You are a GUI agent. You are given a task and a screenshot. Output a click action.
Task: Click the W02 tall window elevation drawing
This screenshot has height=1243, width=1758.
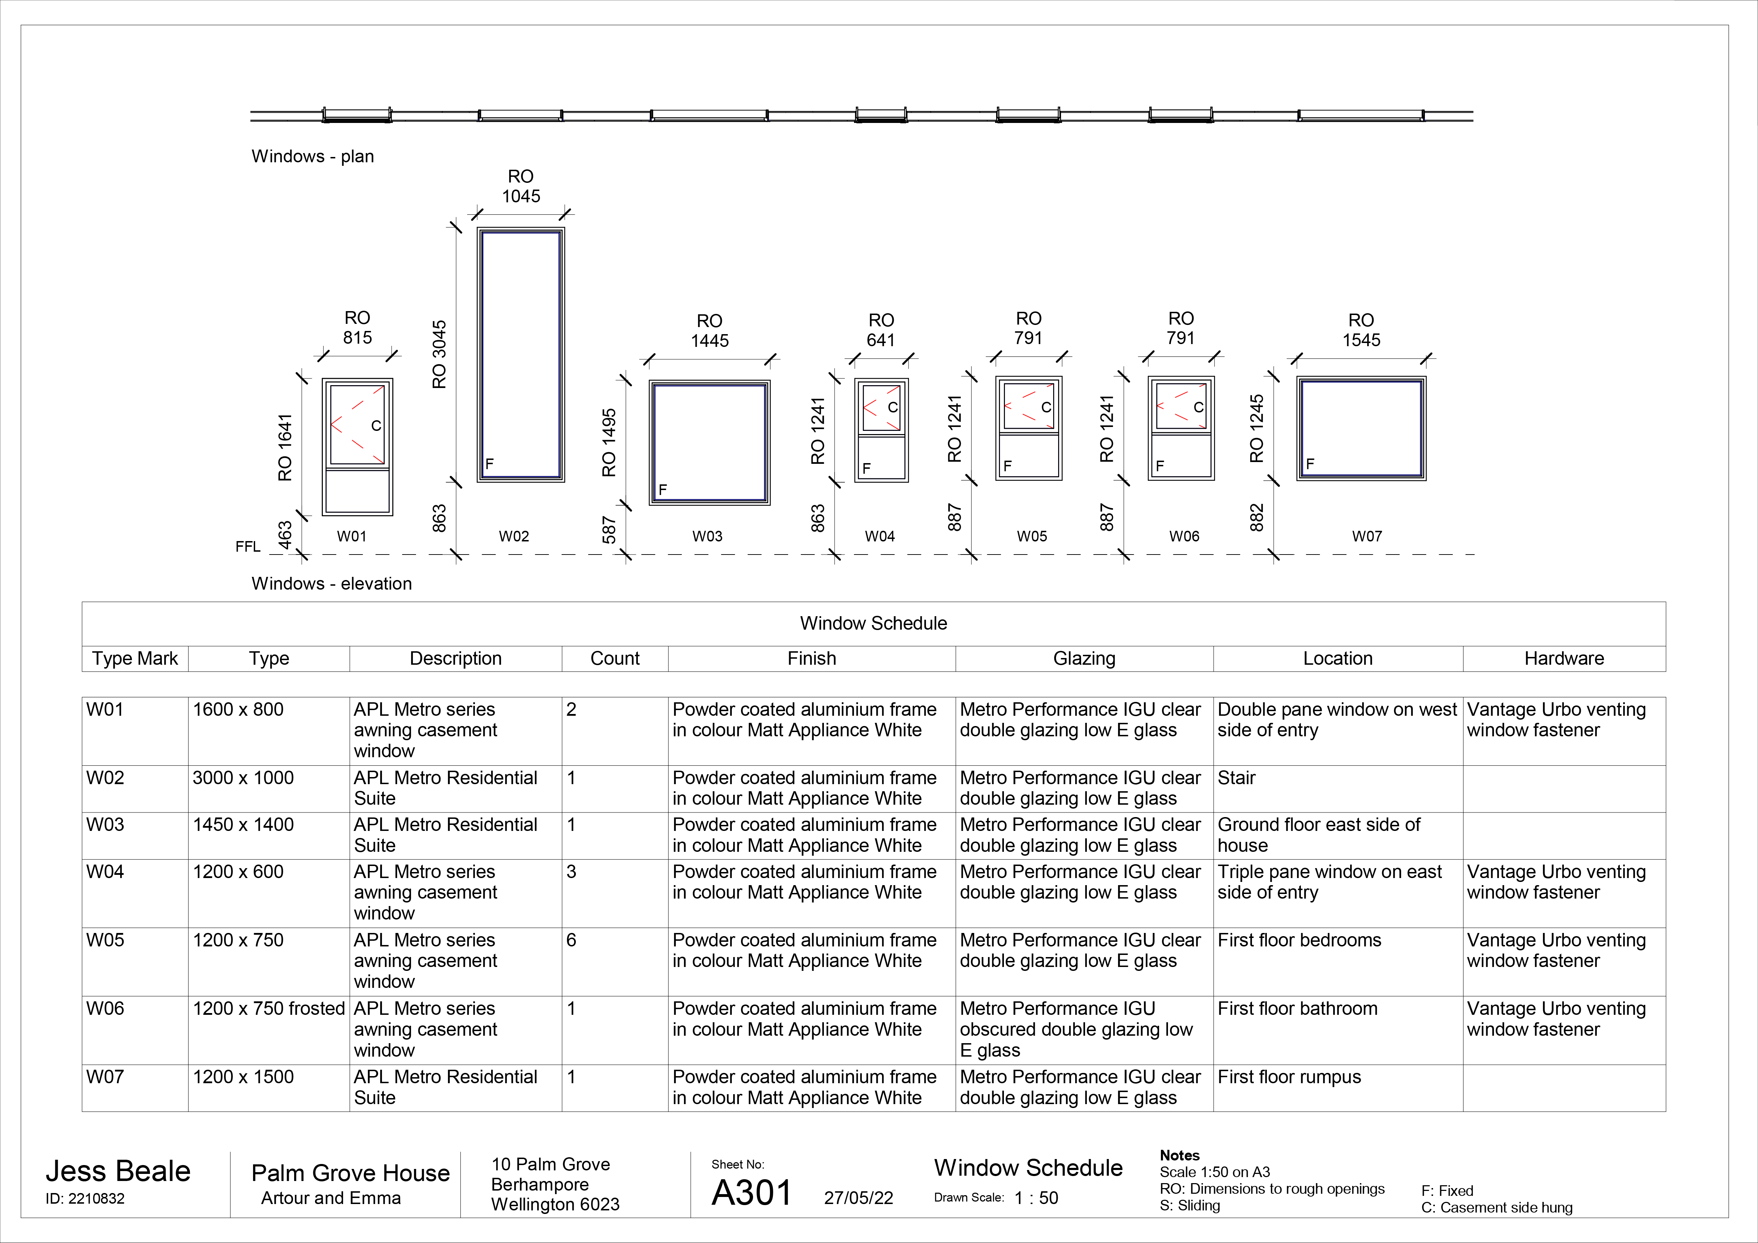point(521,354)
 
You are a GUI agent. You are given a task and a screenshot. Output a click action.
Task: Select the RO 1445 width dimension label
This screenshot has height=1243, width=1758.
point(710,331)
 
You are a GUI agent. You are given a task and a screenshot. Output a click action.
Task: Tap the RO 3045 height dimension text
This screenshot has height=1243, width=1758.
point(439,354)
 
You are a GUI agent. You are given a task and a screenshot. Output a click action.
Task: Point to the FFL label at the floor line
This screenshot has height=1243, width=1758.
point(248,546)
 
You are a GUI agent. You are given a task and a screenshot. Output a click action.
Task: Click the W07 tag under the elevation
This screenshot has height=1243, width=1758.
point(1367,536)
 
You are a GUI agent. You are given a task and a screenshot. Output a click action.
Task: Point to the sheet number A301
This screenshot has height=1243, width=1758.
point(752,1192)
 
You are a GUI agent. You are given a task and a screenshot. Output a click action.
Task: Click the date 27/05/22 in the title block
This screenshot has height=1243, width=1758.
point(858,1198)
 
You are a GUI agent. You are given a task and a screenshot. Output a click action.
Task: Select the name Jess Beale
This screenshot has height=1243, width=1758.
point(118,1171)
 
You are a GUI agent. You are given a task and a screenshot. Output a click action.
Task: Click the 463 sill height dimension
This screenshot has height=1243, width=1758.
point(285,535)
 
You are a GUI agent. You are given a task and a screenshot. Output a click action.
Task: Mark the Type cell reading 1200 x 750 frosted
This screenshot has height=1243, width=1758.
point(269,1009)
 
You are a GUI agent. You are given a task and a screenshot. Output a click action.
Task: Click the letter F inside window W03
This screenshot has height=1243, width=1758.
point(663,489)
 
